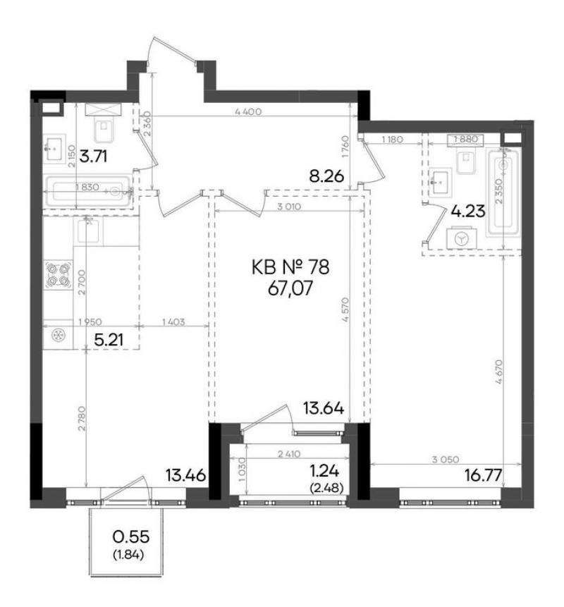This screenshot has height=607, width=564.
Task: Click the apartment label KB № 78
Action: point(290,267)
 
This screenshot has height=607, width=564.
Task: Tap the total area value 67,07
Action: point(290,289)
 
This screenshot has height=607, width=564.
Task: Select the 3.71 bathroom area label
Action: point(93,157)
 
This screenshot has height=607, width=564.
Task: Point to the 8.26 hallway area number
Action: point(326,177)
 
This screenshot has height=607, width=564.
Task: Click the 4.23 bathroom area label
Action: point(468,211)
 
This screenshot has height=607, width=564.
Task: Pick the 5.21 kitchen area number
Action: point(109,340)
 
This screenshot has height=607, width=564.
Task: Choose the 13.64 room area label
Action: point(323,408)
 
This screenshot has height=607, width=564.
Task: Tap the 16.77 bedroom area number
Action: point(484,474)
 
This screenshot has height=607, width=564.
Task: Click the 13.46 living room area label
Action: point(185,475)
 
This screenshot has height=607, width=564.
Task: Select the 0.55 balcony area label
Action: point(131,537)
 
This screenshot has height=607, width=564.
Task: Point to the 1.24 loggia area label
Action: point(324,471)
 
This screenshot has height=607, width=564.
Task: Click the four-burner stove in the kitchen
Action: point(59,274)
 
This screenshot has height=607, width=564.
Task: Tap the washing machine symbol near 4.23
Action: point(461,238)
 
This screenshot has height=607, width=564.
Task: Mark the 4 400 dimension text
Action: point(248,112)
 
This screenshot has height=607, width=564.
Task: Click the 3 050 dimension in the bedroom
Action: point(446,460)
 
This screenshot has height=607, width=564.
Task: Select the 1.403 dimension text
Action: point(173,321)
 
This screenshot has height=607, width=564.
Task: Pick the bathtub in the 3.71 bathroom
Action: point(89,191)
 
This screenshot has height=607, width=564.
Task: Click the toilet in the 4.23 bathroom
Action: point(466,162)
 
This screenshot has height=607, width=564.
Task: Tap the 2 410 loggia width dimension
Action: point(289,454)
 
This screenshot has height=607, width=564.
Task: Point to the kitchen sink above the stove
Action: point(88,230)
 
